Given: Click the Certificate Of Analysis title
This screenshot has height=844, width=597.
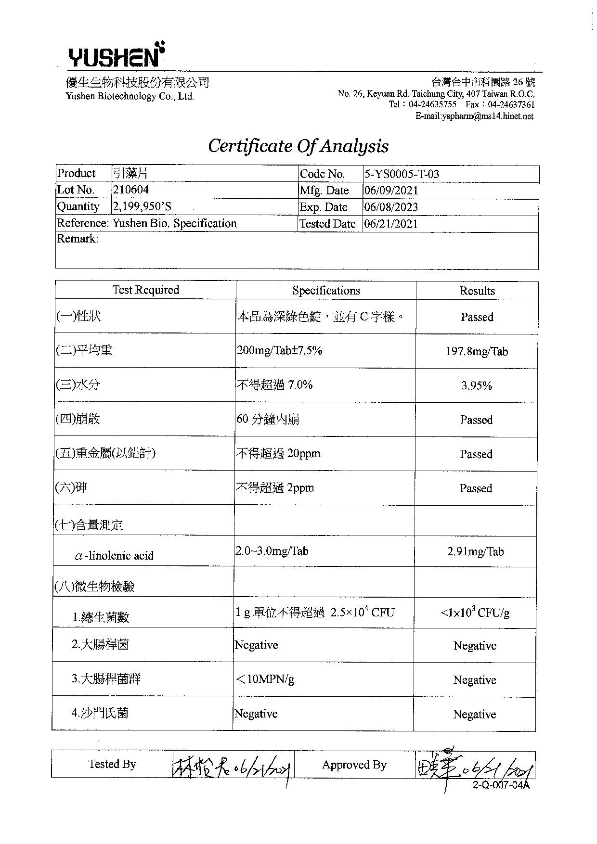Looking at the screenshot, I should [298, 146].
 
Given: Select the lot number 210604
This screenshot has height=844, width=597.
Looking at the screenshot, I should [130, 190].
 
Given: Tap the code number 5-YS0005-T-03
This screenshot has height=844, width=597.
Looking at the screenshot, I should [402, 174].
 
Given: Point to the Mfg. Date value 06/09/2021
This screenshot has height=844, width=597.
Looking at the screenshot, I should [391, 191].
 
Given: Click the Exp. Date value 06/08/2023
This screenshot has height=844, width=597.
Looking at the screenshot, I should [391, 207].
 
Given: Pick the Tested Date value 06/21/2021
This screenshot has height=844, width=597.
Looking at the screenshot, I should [391, 224].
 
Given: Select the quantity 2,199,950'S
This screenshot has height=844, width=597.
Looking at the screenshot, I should [142, 207].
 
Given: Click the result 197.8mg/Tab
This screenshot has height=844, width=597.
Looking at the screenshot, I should [477, 352].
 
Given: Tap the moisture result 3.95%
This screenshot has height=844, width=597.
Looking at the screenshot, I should [477, 386].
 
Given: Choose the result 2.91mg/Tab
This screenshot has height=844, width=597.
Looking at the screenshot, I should [476, 552].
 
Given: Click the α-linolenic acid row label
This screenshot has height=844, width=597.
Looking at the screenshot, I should [115, 556].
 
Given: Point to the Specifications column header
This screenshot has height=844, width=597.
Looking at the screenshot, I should [326, 291].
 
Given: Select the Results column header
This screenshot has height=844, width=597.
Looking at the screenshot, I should [477, 291].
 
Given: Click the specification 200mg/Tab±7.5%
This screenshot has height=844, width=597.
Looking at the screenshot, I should [279, 350].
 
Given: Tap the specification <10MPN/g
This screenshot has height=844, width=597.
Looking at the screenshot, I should [264, 679].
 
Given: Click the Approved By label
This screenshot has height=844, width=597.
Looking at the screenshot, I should [354, 765].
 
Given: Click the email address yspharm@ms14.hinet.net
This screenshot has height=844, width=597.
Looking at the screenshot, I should [474, 116].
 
